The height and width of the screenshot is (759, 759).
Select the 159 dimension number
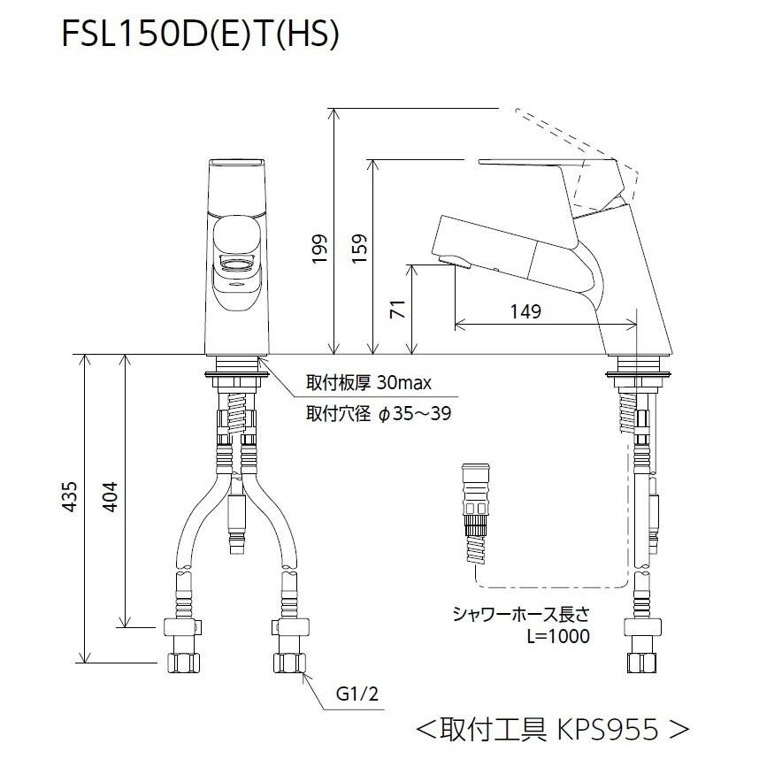360,249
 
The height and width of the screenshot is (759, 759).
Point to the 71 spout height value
399,310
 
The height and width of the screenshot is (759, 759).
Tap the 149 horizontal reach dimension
525,311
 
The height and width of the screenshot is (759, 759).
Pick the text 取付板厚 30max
368,383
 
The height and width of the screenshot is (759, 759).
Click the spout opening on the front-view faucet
236,264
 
